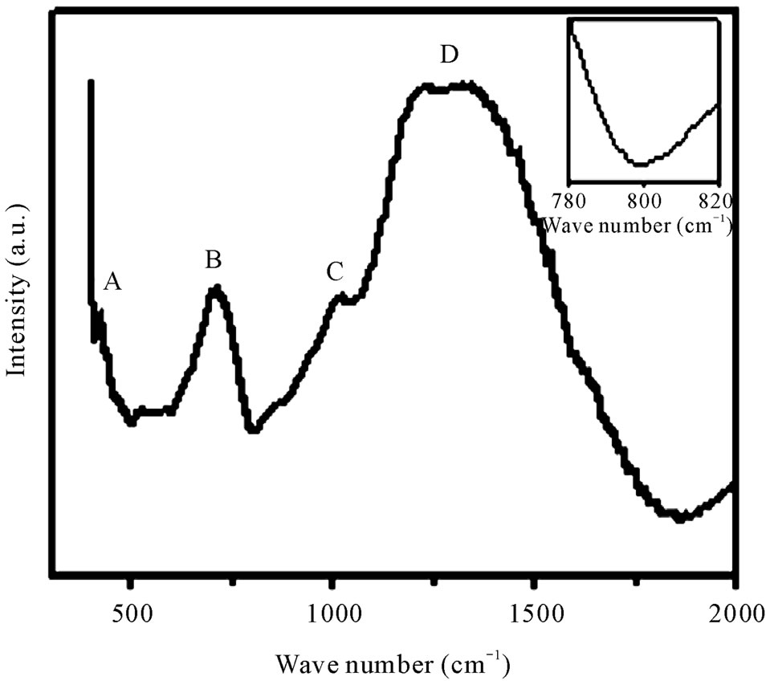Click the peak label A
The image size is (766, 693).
click(x=113, y=282)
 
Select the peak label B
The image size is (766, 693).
click(x=213, y=260)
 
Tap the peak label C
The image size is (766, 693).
click(x=335, y=272)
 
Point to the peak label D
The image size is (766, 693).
click(x=450, y=55)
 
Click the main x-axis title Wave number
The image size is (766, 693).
click(x=393, y=664)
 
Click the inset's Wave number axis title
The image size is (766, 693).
click(x=638, y=225)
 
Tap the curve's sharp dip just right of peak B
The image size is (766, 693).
click(x=254, y=429)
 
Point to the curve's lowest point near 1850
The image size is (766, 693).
click(x=681, y=518)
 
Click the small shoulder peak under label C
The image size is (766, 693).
click(x=340, y=297)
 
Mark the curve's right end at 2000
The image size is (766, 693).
click(x=732, y=484)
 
